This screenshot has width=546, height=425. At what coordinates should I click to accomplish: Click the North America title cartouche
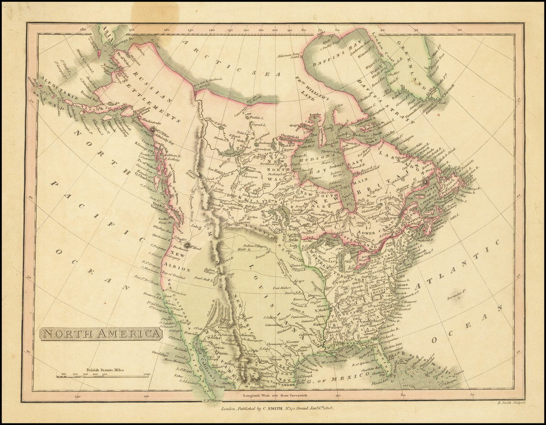pyautogui.click(x=101, y=334)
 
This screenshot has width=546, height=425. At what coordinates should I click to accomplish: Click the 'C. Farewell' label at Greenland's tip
pyautogui.click(x=447, y=89)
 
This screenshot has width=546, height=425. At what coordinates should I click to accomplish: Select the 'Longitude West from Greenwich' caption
pyautogui.click(x=273, y=395)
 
